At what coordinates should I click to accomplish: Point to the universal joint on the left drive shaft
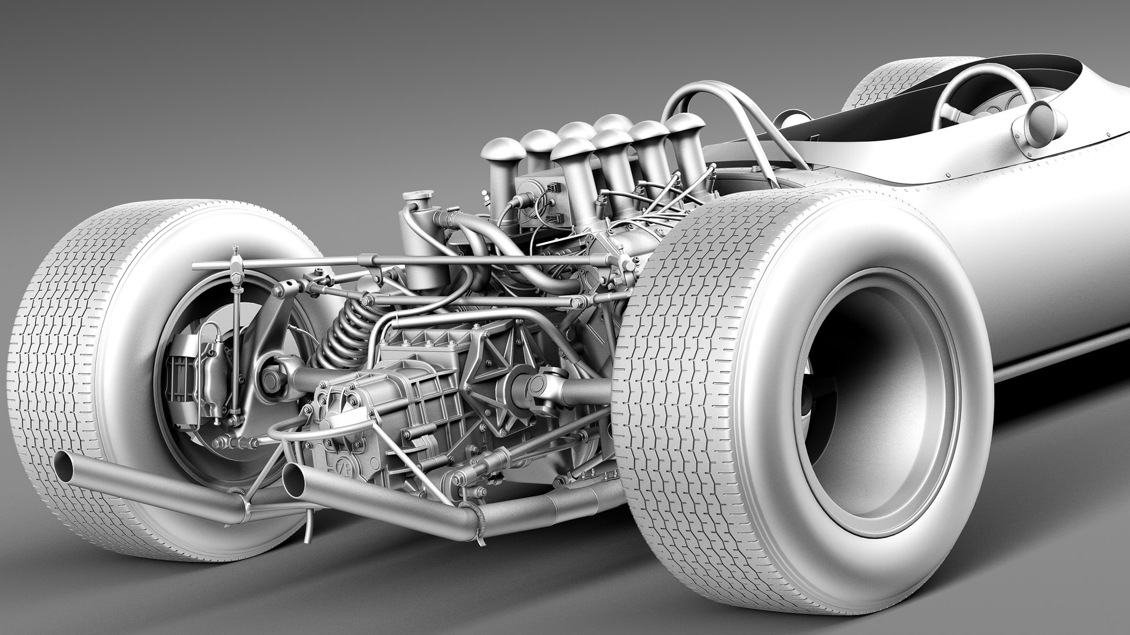pos(272,379)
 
